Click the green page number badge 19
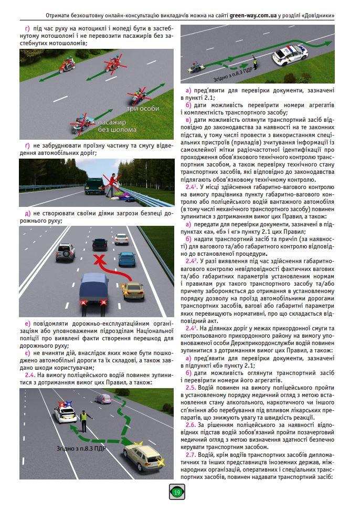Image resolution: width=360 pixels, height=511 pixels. click(x=177, y=493)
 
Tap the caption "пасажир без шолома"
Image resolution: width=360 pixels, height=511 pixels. click(x=117, y=126)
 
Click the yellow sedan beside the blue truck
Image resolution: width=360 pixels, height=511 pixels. click(x=133, y=290)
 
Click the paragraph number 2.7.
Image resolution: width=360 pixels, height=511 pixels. click(x=190, y=454)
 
